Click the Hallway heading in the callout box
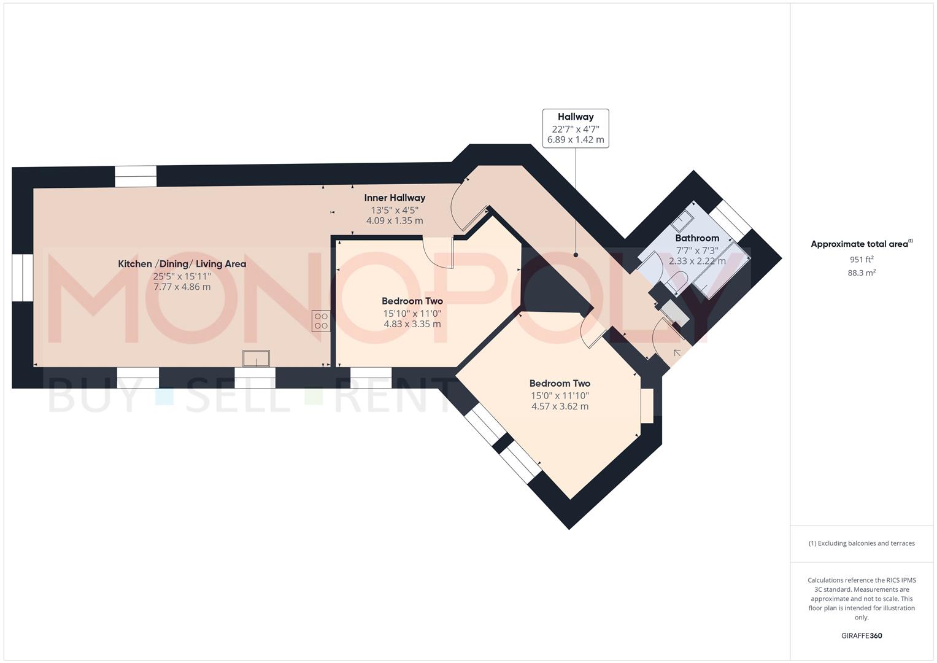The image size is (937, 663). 576,117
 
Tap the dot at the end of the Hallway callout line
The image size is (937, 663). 576,255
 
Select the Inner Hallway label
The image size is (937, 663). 395,198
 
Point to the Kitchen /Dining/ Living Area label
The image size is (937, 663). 182,264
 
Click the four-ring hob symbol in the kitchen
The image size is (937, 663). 321,321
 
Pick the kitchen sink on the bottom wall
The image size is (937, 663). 256,359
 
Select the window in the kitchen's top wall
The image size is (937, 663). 136,176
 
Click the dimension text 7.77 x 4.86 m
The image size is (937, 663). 182,287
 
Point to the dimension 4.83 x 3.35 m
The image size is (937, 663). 412,324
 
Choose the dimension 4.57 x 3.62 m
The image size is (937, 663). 560,406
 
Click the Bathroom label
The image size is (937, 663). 697,238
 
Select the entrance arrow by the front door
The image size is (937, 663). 677,353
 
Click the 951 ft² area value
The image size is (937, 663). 862,259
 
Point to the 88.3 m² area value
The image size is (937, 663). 862,273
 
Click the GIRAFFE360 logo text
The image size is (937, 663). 862,636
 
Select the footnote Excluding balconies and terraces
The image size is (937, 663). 862,543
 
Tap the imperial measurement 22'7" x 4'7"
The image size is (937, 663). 576,130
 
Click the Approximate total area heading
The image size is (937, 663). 862,244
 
